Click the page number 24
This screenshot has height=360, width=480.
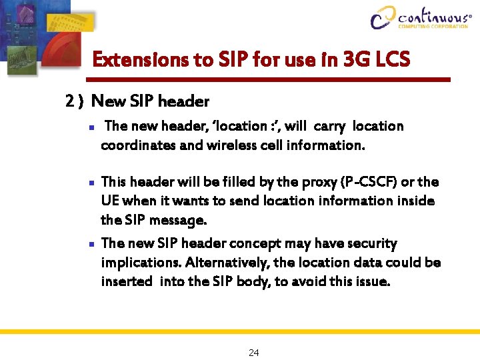(x=253, y=353)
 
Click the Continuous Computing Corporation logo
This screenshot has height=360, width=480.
(x=421, y=18)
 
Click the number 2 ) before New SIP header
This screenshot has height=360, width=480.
(x=74, y=101)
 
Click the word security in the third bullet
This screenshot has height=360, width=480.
(x=370, y=244)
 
